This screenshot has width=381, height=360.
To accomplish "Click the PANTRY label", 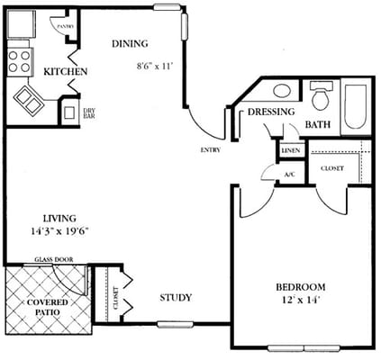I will [65, 27].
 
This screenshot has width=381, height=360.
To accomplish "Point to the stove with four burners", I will [20, 59].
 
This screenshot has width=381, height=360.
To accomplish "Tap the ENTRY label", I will [211, 149].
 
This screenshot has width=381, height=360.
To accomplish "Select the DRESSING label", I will [272, 112].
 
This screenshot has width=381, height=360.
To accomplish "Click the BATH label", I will [318, 124].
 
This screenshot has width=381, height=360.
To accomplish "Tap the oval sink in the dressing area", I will [281, 91].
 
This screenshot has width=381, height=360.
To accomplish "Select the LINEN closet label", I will [291, 151].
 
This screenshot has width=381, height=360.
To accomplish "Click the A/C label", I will [288, 174].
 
